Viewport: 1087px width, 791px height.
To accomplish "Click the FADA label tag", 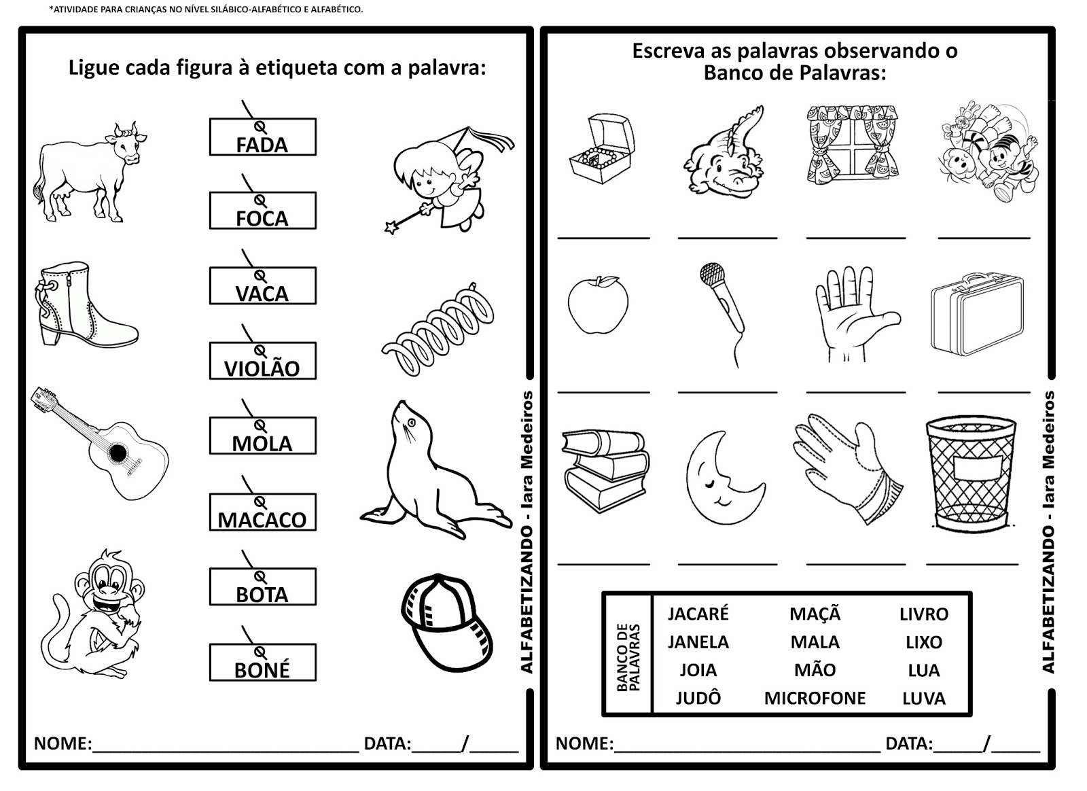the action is pyautogui.click(x=262, y=137).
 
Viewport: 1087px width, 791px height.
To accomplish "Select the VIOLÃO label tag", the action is pyautogui.click(x=262, y=361).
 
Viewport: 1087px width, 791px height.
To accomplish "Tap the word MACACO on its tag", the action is pyautogui.click(x=262, y=520).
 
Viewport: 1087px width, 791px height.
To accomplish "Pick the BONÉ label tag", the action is pyautogui.click(x=262, y=663).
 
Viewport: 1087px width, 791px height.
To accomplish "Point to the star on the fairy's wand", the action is pyautogui.click(x=391, y=227).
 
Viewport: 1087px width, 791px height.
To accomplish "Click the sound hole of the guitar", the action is pyautogui.click(x=118, y=453).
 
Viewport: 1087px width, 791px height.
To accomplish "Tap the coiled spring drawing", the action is pyautogui.click(x=438, y=330).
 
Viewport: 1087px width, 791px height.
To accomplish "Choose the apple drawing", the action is pyautogui.click(x=598, y=304).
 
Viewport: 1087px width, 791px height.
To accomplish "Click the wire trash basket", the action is pyautogui.click(x=971, y=473).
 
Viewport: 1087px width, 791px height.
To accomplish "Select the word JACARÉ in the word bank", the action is pyautogui.click(x=698, y=614).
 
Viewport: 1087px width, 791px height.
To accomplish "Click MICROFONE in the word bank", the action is pyautogui.click(x=815, y=699).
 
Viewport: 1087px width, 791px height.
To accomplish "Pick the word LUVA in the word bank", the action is pyautogui.click(x=923, y=699).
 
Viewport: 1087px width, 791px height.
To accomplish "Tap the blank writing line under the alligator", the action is pyautogui.click(x=728, y=239).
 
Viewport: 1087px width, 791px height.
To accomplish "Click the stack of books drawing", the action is pyautogui.click(x=605, y=470).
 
